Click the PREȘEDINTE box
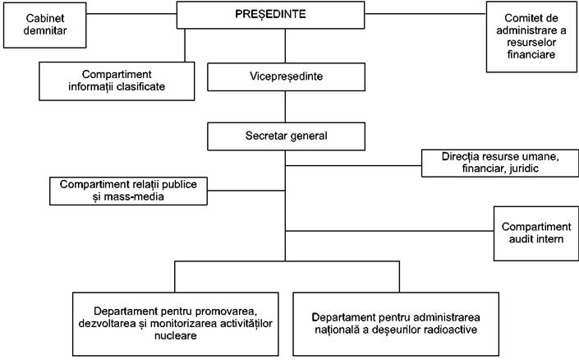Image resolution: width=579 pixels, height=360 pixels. [x=270, y=15]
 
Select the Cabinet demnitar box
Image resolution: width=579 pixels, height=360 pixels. [x=44, y=25]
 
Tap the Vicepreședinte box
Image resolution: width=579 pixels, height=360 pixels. [x=286, y=77]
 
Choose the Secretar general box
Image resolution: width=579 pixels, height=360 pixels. [x=286, y=136]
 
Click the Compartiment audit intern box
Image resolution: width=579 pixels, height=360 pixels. [x=536, y=233]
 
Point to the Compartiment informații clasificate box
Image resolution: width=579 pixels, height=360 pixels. [x=117, y=81]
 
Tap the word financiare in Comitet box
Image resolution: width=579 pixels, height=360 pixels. [x=531, y=54]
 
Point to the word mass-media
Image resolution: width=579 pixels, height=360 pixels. [x=134, y=196]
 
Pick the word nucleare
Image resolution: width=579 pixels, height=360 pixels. [x=176, y=335]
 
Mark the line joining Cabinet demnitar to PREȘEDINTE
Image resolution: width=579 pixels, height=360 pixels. [x=131, y=14]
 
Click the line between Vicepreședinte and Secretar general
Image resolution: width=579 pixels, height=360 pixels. [x=285, y=107]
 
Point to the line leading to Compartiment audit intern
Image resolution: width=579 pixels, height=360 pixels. [x=389, y=232]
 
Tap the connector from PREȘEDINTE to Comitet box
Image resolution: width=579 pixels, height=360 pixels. [x=425, y=14]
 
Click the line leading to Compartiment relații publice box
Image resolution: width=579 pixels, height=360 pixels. [x=246, y=191]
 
